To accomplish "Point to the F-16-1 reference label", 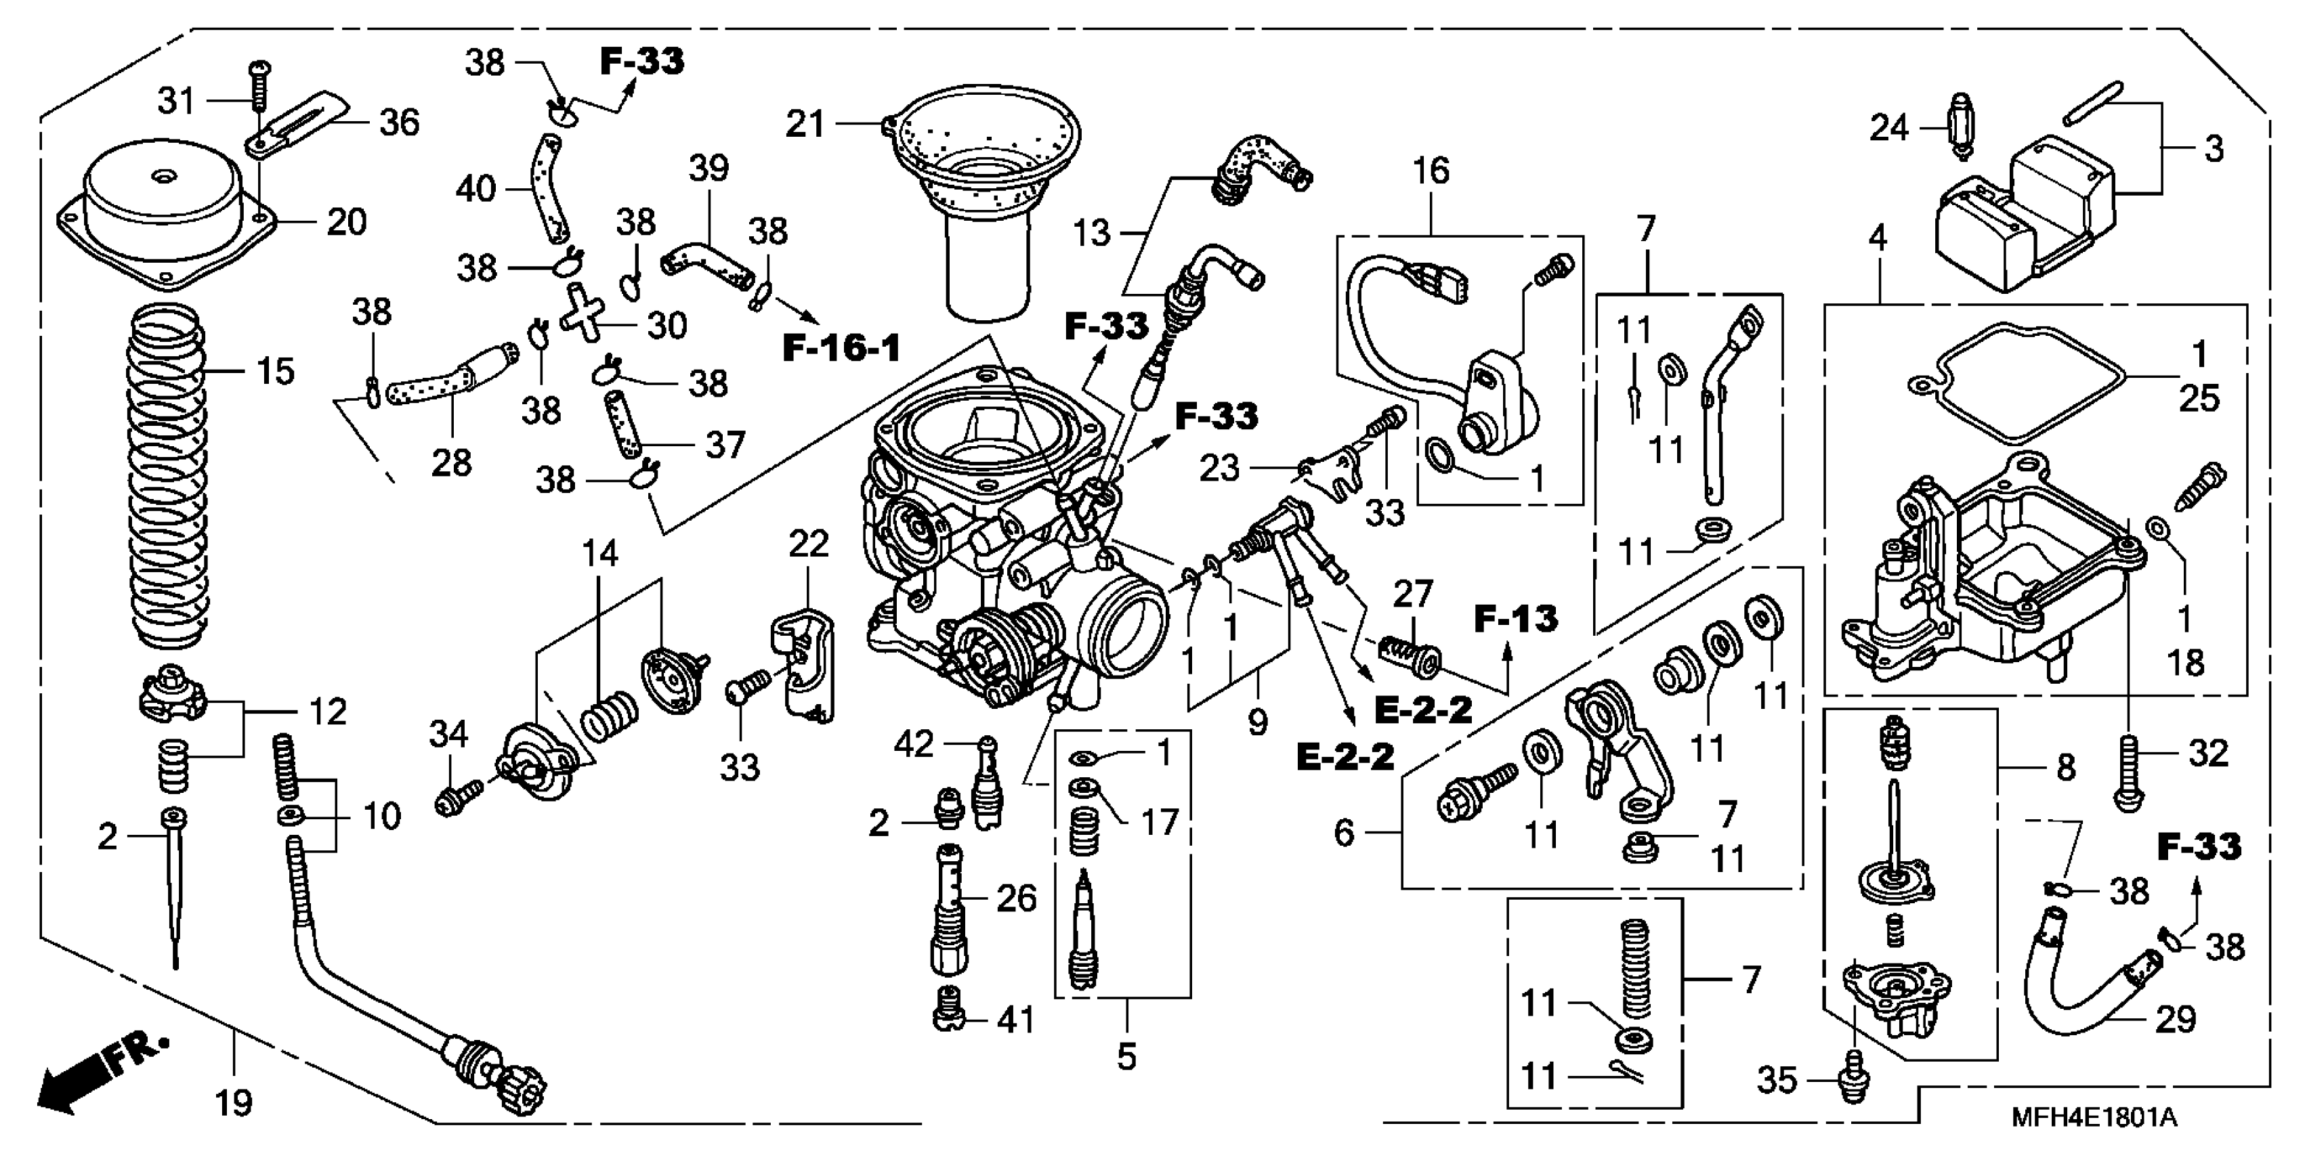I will pos(841,348).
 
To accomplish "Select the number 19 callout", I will pos(234,1103).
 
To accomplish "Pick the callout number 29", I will pos(2175,1019).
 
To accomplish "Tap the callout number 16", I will pos(1431,170).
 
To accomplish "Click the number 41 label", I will pos(1015,1019).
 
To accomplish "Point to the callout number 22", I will pos(808,544).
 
